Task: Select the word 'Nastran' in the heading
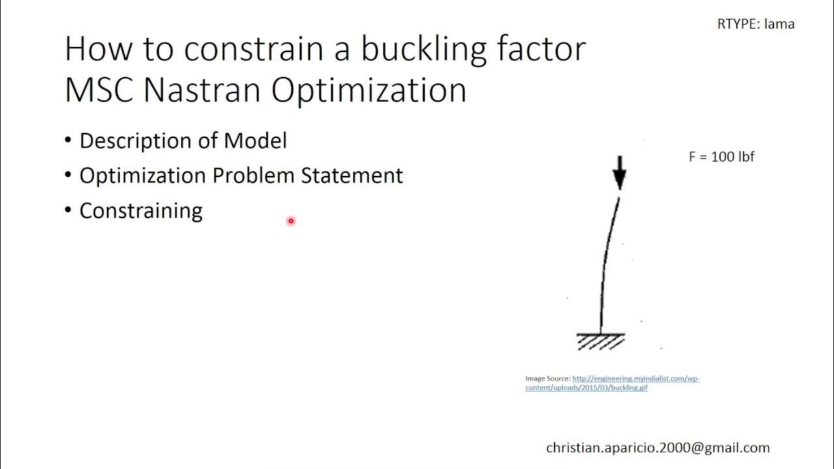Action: (203, 90)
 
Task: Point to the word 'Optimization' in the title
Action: (369, 90)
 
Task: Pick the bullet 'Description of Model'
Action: (182, 141)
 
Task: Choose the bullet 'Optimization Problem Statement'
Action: (241, 175)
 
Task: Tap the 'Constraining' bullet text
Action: (141, 210)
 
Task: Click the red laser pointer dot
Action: (291, 221)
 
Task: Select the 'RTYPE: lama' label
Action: (756, 24)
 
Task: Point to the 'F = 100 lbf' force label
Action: (721, 157)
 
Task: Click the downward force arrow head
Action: (619, 179)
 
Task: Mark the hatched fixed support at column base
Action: (601, 341)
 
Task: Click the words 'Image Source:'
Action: (548, 378)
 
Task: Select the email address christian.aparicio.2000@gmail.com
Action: (658, 448)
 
